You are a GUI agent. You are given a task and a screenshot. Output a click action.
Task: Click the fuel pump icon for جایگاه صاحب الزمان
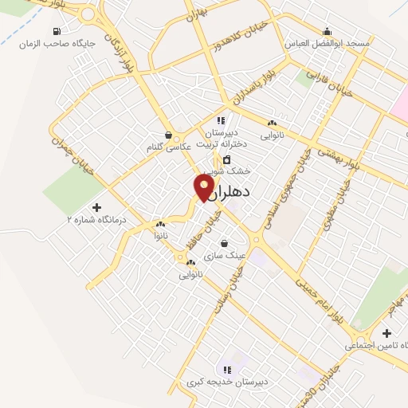click(56, 32)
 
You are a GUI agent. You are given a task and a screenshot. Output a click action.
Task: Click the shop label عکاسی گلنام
click(169, 147)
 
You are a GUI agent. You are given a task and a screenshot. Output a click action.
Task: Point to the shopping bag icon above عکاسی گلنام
click(168, 135)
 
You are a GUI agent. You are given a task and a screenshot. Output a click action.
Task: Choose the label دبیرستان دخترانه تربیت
click(227, 139)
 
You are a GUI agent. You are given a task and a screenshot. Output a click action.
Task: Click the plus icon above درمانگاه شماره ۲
click(97, 207)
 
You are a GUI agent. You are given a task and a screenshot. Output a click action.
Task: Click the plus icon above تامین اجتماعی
click(386, 333)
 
